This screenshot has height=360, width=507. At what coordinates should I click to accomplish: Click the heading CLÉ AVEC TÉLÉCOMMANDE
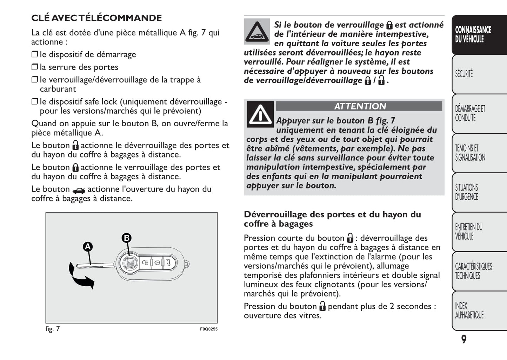[x=96, y=18]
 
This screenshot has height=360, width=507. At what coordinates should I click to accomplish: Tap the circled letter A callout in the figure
[x=87, y=247]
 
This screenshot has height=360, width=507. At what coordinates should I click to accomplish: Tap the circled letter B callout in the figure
[x=126, y=238]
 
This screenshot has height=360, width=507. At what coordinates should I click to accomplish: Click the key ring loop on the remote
[x=186, y=264]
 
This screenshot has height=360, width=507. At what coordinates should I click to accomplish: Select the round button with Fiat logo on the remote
[x=130, y=263]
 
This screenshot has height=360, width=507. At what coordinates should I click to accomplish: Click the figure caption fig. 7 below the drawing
[x=53, y=329]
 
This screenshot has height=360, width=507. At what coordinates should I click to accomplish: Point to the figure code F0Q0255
[x=209, y=329]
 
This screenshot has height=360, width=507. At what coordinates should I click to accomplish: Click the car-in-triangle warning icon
[x=257, y=32]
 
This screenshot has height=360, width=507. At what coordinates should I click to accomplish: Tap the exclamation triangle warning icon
[x=260, y=114]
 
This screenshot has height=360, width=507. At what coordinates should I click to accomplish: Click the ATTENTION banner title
[x=359, y=106]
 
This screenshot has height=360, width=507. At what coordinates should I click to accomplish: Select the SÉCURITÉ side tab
[x=464, y=74]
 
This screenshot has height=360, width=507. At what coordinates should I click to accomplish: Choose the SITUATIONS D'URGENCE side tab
[x=467, y=192]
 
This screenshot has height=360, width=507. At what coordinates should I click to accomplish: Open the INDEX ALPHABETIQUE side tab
[x=469, y=311]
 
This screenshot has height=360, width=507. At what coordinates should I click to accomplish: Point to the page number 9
[x=464, y=339]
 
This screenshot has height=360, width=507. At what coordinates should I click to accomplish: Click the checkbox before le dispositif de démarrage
[x=34, y=54]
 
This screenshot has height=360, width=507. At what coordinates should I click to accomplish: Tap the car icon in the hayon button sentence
[x=79, y=191]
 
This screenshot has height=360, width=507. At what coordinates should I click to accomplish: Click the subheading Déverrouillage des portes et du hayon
[x=332, y=219]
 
